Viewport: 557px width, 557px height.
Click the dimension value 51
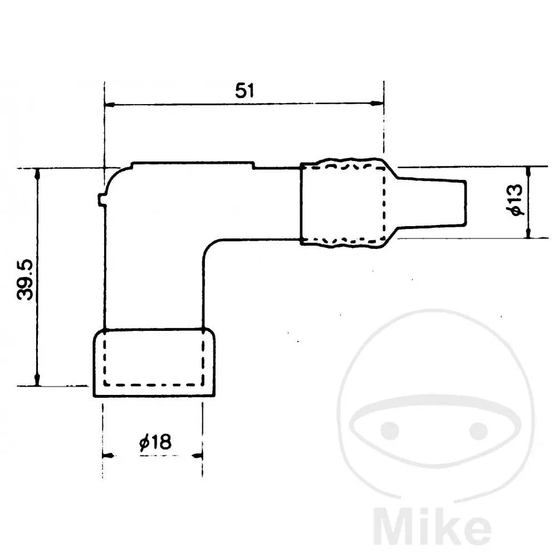(x=245, y=91)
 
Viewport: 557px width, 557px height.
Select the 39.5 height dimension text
(x=25, y=280)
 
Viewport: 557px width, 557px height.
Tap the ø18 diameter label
(x=155, y=442)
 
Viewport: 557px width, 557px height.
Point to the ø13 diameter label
(x=515, y=199)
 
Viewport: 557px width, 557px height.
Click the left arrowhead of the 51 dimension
(x=109, y=105)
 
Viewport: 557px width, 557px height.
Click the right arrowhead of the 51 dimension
(x=377, y=104)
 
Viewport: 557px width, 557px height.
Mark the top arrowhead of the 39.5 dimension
(x=37, y=174)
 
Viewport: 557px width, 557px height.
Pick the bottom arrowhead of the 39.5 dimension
(x=37, y=379)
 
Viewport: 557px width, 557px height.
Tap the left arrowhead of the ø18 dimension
(x=109, y=455)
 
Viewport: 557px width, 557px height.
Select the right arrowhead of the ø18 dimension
(x=197, y=456)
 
